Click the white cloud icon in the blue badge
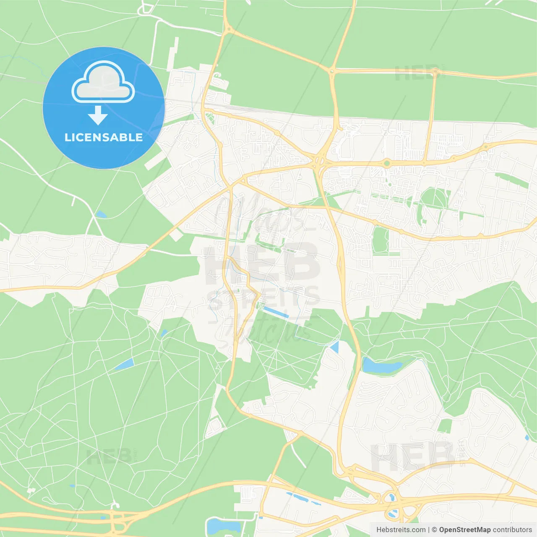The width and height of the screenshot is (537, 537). (x=103, y=83)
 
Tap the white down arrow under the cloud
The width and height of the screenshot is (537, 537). (x=98, y=115)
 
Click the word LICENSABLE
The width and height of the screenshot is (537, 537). (x=104, y=137)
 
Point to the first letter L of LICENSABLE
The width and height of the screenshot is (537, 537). (x=67, y=137)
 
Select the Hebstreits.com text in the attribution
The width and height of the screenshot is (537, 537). (x=401, y=530)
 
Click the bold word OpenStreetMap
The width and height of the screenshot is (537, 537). (x=464, y=530)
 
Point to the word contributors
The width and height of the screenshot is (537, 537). (x=512, y=530)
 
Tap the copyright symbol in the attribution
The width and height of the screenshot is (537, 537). (x=434, y=530)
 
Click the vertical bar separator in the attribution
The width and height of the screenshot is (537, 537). (x=429, y=530)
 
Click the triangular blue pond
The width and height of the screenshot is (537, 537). (x=335, y=347)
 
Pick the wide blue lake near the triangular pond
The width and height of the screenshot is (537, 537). (x=380, y=366)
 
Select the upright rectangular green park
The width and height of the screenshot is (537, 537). (x=381, y=240)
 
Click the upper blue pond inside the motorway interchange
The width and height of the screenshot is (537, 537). (x=391, y=498)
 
